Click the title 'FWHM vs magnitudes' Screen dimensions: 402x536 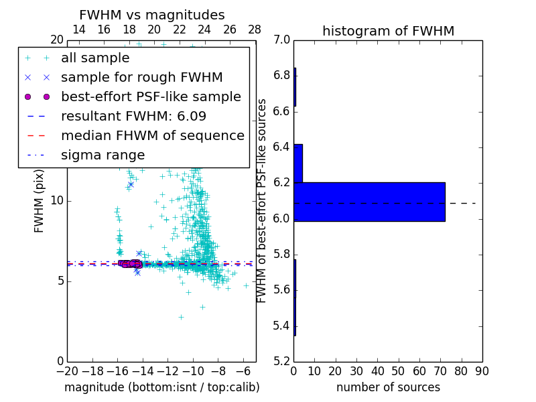[152, 15]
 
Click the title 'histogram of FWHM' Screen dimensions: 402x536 [388, 31]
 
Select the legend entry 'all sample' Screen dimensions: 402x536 [95, 58]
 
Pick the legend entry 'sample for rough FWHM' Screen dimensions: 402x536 [141, 77]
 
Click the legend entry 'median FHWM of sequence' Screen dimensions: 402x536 [152, 135]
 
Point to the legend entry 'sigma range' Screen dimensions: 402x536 [103, 155]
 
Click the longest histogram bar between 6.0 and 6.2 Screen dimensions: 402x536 [369, 202]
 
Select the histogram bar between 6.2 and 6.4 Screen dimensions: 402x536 [298, 163]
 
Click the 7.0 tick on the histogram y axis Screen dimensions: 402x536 [281, 40]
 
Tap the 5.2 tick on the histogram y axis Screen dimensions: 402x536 [281, 362]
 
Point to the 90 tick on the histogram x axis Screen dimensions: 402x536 [482, 371]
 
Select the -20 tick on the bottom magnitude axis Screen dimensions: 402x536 [67, 371]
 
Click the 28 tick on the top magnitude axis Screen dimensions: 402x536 [255, 29]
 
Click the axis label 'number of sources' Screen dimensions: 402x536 [388, 387]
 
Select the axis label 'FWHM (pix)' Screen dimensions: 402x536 [40, 200]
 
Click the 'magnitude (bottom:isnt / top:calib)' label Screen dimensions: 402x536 [161, 387]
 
